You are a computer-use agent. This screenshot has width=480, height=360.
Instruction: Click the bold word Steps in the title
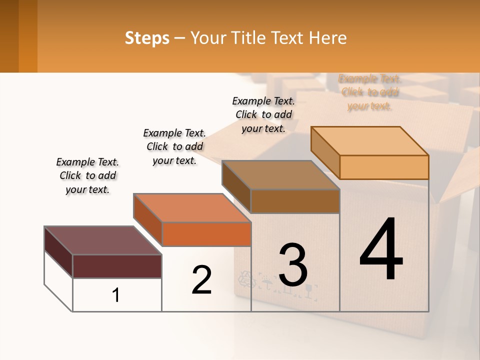(x=147, y=38)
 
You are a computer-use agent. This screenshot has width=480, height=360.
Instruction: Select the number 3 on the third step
(x=293, y=265)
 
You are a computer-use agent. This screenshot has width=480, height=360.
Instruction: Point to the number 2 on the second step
(x=201, y=280)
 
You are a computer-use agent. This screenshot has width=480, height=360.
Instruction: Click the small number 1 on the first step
(x=116, y=295)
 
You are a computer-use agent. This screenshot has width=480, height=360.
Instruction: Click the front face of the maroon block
(x=117, y=266)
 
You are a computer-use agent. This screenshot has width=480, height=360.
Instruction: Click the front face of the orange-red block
(x=206, y=234)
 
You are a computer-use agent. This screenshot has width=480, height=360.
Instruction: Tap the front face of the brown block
(x=295, y=201)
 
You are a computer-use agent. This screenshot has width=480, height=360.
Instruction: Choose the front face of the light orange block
(x=384, y=167)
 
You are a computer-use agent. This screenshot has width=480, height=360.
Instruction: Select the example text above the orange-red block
(x=174, y=147)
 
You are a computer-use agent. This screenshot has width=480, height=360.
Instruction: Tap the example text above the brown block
(x=263, y=114)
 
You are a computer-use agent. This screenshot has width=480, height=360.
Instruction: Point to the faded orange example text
(x=369, y=92)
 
